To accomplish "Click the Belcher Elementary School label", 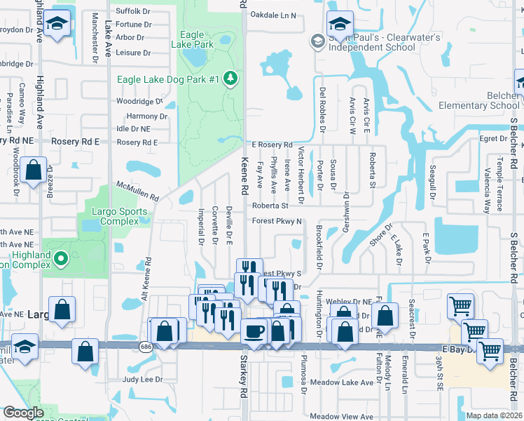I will [479, 100].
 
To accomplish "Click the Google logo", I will [23, 413].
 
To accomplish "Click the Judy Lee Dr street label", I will [142, 380].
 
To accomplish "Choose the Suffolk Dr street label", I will [133, 12].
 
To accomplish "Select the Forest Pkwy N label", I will [277, 221].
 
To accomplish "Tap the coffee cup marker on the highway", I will [253, 330].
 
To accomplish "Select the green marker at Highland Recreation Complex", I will [60, 259].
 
